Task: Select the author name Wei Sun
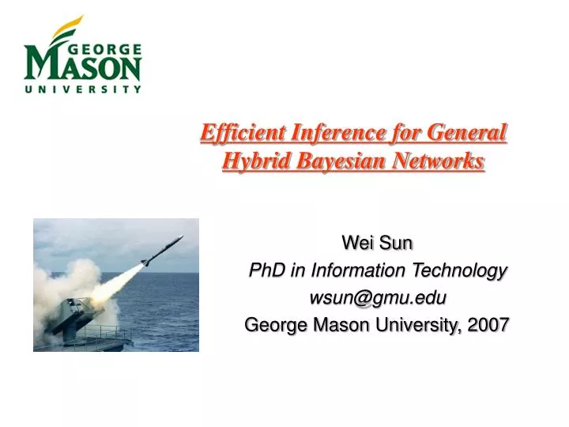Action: [x=377, y=243]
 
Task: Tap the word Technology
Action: [x=462, y=270]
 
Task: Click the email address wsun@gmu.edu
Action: [x=377, y=297]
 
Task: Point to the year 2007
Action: [x=488, y=324]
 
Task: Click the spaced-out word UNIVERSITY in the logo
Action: [x=83, y=90]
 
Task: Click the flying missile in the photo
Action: [x=162, y=251]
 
